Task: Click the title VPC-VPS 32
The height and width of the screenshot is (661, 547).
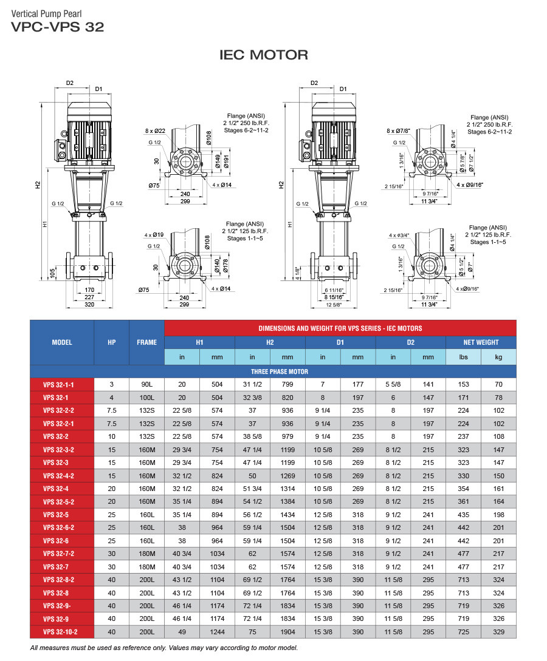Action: pyautogui.click(x=58, y=27)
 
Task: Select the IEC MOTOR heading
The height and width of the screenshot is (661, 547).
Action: pyautogui.click(x=263, y=55)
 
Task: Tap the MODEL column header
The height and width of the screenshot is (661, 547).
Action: pyautogui.click(x=62, y=342)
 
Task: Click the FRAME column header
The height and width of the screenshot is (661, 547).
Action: pyautogui.click(x=146, y=342)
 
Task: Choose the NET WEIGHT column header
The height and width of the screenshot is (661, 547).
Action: pyautogui.click(x=481, y=342)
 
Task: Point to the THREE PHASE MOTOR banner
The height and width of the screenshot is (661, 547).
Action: pyautogui.click(x=280, y=371)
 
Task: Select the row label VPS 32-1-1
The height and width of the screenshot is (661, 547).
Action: pyautogui.click(x=62, y=384)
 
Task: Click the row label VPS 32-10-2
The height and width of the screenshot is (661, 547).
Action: pyautogui.click(x=62, y=632)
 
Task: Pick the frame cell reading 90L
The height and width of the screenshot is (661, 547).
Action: pyautogui.click(x=146, y=384)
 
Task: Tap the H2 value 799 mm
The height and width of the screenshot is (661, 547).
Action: pyautogui.click(x=287, y=384)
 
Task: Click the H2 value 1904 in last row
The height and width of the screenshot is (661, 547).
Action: pyautogui.click(x=287, y=632)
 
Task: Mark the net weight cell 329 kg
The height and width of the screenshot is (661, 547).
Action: pyautogui.click(x=498, y=632)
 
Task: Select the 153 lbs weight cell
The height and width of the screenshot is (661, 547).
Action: pyautogui.click(x=463, y=384)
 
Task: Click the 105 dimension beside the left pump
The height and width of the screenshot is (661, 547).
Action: pyautogui.click(x=52, y=274)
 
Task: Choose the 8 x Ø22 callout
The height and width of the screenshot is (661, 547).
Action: pyautogui.click(x=156, y=131)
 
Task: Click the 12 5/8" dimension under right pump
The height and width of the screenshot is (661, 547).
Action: pyautogui.click(x=332, y=305)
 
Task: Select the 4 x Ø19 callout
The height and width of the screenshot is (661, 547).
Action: pyautogui.click(x=154, y=234)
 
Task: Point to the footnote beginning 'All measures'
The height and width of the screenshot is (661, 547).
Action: pyautogui.click(x=164, y=648)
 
